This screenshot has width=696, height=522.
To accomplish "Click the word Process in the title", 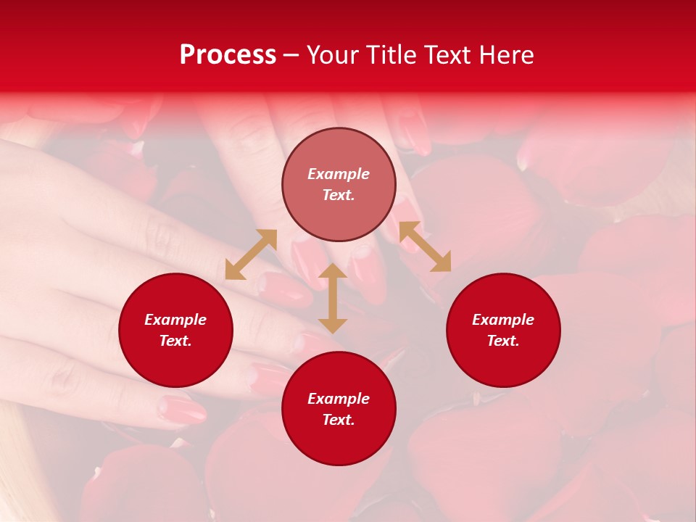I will (228, 55).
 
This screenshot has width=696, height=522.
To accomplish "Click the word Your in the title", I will (336, 55).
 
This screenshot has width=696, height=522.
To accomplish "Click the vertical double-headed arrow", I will (333, 298).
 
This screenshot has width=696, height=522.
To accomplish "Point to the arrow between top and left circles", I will (251, 254).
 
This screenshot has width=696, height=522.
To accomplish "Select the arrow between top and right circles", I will (425, 246).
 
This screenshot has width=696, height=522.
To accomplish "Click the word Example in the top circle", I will (339, 174).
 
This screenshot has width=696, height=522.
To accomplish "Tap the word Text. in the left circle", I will (175, 341).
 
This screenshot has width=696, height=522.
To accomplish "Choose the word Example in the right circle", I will (503, 320).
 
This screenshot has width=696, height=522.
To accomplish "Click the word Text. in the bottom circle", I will (339, 420).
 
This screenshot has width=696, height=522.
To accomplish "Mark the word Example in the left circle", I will (175, 320).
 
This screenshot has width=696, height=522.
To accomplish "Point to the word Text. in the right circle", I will (503, 341).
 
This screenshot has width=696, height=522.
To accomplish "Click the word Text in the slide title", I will (447, 55).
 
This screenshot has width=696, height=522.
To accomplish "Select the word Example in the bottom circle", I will (339, 399).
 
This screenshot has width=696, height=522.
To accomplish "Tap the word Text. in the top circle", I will (339, 195).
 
